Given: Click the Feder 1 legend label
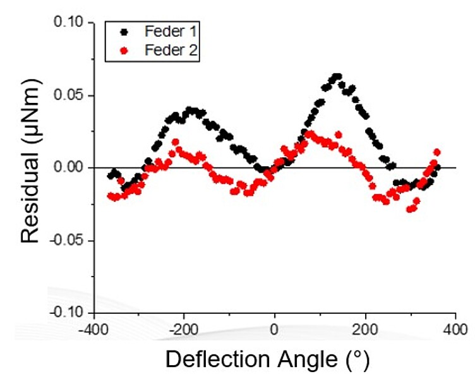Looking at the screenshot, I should click(169, 32).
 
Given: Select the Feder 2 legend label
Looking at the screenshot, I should click(169, 52).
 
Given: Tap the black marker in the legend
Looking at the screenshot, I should click(124, 32).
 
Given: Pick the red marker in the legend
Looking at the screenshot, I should click(124, 52).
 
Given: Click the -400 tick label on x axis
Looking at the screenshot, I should click(93, 330).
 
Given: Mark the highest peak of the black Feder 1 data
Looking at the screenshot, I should click(337, 77).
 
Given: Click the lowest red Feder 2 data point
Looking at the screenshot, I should click(411, 209).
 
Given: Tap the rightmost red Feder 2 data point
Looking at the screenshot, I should click(436, 152).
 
